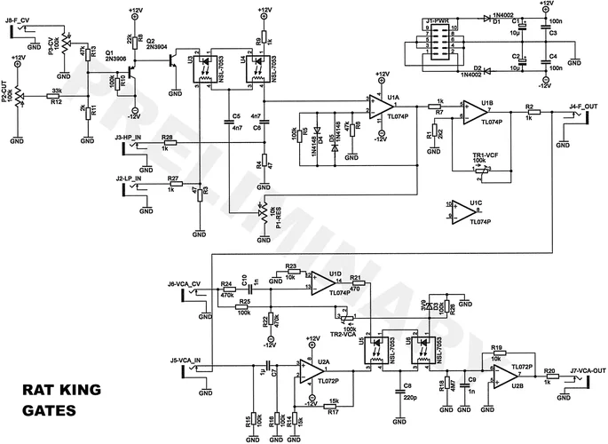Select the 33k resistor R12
tap(55, 97)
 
